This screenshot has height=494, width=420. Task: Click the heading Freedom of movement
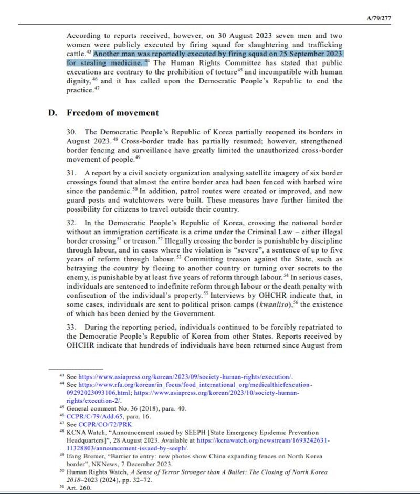pyautogui.click(x=112, y=113)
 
